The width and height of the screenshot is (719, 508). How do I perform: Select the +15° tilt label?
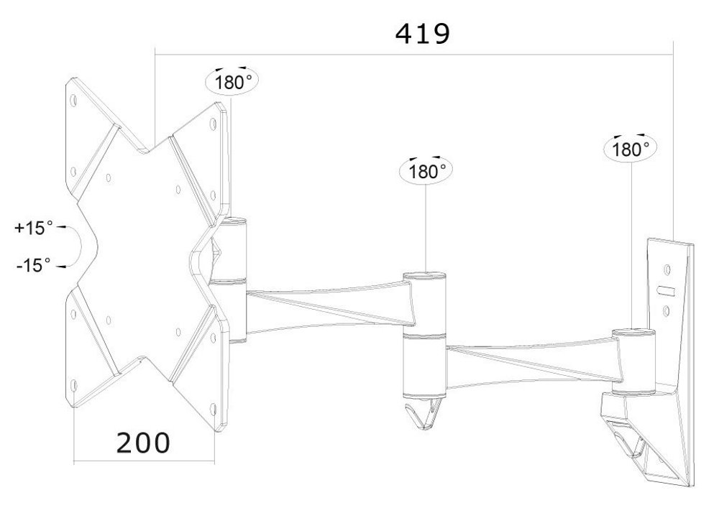pos(34,228)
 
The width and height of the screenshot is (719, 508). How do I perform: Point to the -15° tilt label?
pos(34,265)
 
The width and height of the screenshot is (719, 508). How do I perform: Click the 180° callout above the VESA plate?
pos(232,80)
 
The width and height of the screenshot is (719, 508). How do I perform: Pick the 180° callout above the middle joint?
pos(427,172)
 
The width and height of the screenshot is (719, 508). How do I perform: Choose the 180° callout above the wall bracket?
pos(631,149)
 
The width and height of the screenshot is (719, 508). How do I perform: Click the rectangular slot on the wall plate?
pos(666,292)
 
